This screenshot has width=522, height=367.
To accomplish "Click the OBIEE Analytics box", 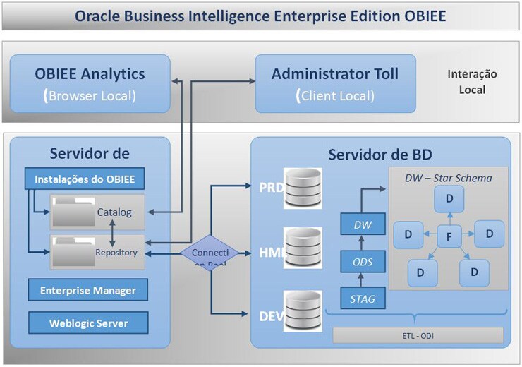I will (90, 83).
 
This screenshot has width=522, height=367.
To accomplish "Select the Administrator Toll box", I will (335, 83).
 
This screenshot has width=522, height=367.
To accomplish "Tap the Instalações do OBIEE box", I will (85, 179).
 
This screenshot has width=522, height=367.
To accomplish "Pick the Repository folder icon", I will (73, 251).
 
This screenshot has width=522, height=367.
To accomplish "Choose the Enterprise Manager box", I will (88, 290).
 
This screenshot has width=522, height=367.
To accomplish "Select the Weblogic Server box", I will (88, 323).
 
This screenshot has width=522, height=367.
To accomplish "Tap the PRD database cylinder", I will (303, 188).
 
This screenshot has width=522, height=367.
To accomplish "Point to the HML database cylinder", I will (303, 248).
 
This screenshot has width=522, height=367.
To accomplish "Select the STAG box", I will (363, 299).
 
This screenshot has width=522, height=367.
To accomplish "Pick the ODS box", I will (363, 263).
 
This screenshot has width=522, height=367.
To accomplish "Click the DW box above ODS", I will (363, 226).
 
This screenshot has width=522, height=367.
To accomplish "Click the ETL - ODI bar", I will (418, 335).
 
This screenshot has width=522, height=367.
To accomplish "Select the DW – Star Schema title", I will (448, 177).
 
